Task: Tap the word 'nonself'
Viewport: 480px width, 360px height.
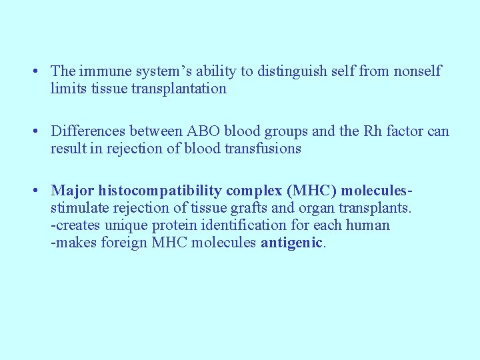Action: point(417,71)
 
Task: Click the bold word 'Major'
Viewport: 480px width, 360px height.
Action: point(73,191)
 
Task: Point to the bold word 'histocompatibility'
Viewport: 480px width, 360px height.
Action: point(160,191)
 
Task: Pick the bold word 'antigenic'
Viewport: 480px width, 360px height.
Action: point(291,243)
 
